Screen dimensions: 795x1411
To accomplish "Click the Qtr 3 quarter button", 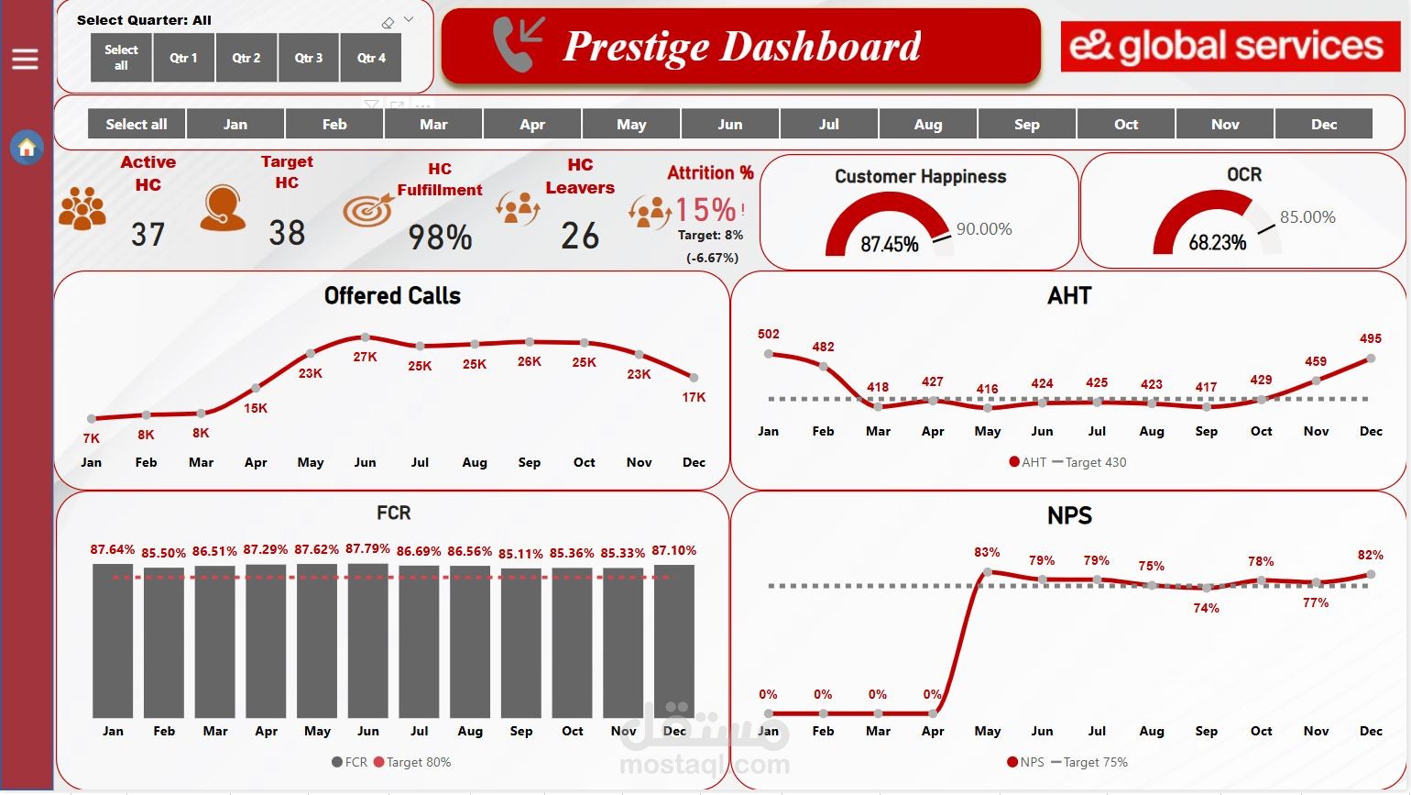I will coord(309,58).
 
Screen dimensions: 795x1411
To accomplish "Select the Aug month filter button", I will coord(927,124).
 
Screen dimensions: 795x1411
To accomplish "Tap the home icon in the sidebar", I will coord(27,147).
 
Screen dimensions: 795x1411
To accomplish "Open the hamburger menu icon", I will coord(25,60).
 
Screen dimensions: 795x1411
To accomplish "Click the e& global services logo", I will coord(1230,46).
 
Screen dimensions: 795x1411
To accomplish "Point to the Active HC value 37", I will coord(148,235).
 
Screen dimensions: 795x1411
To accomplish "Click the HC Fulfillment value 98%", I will coord(440,237).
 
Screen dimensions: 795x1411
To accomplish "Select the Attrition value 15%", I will coord(705,210).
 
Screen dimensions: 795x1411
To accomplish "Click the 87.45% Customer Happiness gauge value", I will coord(889,244).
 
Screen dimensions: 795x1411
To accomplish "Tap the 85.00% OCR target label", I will coord(1307,217).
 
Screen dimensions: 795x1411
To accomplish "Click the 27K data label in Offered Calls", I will coord(365,357).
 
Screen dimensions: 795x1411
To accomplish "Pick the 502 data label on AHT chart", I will coord(769,335).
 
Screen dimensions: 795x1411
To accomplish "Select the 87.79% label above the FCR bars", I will coord(367,549).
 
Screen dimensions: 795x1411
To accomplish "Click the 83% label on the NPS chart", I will coord(987,552).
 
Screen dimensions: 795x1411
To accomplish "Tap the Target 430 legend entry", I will coord(1090,462).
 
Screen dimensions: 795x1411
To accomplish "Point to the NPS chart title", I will coord(1069,515).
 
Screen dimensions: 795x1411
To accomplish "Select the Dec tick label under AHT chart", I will coord(1371,431).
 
